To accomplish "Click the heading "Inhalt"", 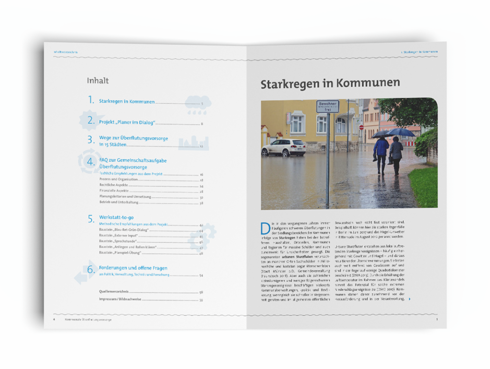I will (x=98, y=81).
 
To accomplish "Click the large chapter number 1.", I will (x=90, y=100).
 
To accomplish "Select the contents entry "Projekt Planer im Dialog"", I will (x=127, y=123).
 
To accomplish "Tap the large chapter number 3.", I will (x=90, y=140).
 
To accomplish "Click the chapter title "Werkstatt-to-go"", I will (x=116, y=217).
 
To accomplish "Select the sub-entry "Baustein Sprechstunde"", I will (x=115, y=242).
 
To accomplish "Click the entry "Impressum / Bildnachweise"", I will (x=119, y=300).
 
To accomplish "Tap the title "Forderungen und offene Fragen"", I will (x=133, y=268).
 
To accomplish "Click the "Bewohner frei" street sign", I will (x=327, y=106).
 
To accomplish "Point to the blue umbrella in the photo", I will (x=401, y=132).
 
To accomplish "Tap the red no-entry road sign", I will (x=361, y=128).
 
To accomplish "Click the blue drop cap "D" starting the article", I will (x=264, y=227).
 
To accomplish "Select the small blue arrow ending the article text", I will (x=409, y=299).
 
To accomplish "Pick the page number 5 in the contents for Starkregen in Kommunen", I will (x=202, y=103).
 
